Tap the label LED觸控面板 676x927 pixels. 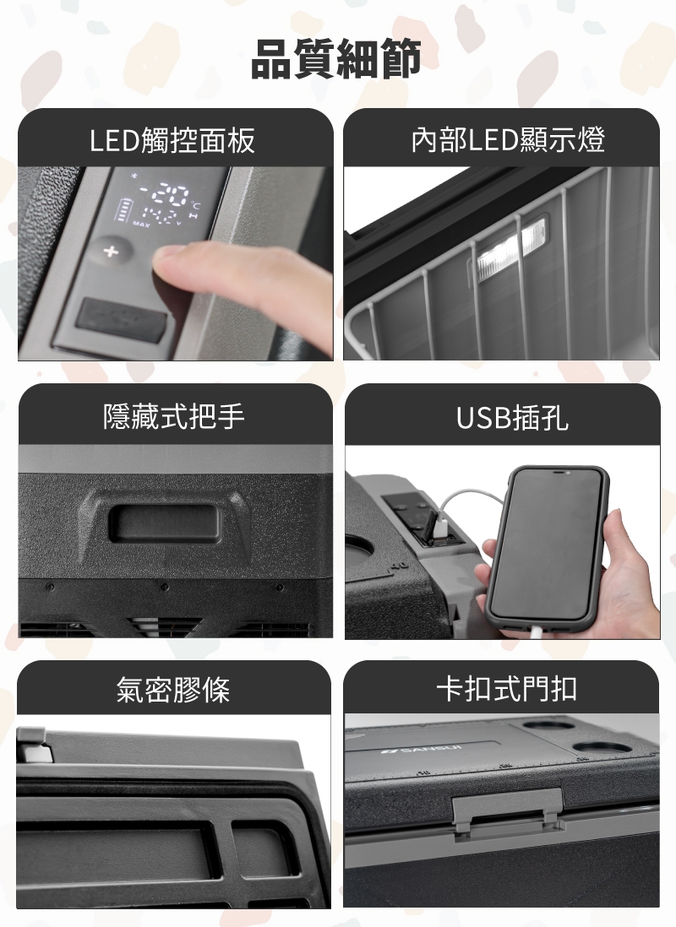point(172,140)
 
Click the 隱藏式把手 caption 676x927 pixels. point(172,416)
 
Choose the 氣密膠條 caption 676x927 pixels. point(172,691)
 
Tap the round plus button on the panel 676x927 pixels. point(109,252)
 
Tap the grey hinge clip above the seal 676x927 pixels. point(31,745)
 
